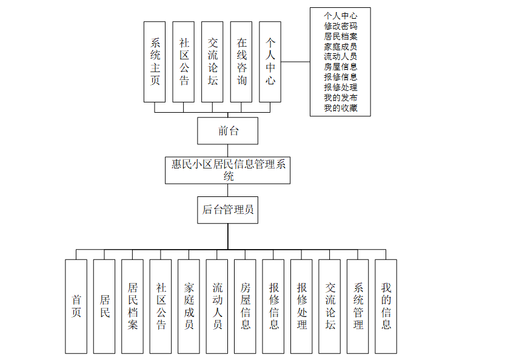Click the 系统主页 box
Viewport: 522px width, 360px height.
pyautogui.click(x=155, y=62)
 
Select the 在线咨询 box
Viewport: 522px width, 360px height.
pyautogui.click(x=241, y=62)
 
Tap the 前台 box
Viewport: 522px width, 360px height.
pyautogui.click(x=228, y=130)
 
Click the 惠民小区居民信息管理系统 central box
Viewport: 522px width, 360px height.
pyautogui.click(x=228, y=170)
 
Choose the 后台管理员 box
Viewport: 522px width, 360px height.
pyautogui.click(x=228, y=210)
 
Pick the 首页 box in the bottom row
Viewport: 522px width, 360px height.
pyautogui.click(x=76, y=306)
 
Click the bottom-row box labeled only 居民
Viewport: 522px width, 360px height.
pyautogui.click(x=104, y=306)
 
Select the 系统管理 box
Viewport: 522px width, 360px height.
pyautogui.click(x=358, y=306)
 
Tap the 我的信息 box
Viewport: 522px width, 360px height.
pyautogui.click(x=386, y=306)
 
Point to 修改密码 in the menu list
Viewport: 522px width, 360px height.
pyautogui.click(x=340, y=26)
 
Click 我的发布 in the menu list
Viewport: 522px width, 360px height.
pyautogui.click(x=340, y=98)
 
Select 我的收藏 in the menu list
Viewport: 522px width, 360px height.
pyautogui.click(x=340, y=108)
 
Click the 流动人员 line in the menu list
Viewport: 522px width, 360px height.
pyautogui.click(x=340, y=56)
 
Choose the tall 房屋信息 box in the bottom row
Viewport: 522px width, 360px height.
pyautogui.click(x=246, y=306)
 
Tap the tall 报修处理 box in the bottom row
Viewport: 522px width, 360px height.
pyautogui.click(x=302, y=306)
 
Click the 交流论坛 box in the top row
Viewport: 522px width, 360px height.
pyautogui.click(x=213, y=62)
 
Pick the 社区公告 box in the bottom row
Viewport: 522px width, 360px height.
pyautogui.click(x=161, y=306)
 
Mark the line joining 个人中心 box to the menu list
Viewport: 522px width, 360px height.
pyautogui.click(x=296, y=62)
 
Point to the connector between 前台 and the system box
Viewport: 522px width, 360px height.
pyautogui.click(x=228, y=151)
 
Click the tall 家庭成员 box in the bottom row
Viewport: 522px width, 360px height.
pyautogui.click(x=189, y=306)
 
